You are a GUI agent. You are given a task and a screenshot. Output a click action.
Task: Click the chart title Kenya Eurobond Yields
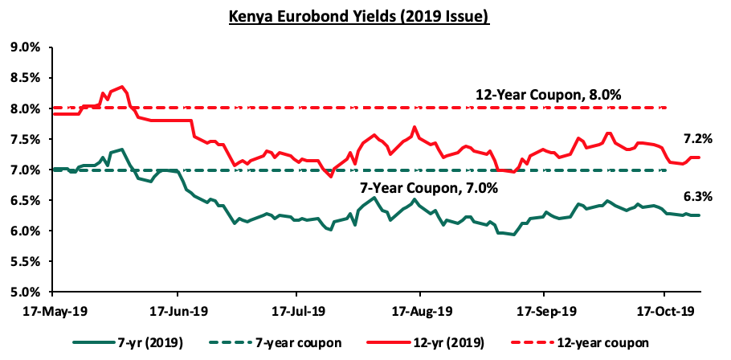359,17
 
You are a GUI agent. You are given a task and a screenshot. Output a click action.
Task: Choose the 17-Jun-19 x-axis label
178,311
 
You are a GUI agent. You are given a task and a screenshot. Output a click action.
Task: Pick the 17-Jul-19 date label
296,311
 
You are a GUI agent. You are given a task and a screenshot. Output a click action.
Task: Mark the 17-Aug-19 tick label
419,311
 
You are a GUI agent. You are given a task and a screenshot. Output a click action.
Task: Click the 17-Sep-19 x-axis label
544,311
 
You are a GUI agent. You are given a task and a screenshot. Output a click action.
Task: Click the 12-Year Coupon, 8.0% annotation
548,95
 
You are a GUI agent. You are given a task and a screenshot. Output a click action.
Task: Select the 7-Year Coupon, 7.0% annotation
429,189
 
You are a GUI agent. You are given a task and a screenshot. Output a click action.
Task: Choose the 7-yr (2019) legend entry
129,343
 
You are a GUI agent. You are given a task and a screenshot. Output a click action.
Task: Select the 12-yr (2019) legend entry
426,343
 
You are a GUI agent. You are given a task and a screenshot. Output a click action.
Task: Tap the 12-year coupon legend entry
576,343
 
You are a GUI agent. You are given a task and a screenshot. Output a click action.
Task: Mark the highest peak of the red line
121,86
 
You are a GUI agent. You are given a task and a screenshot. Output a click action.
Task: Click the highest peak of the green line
121,149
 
